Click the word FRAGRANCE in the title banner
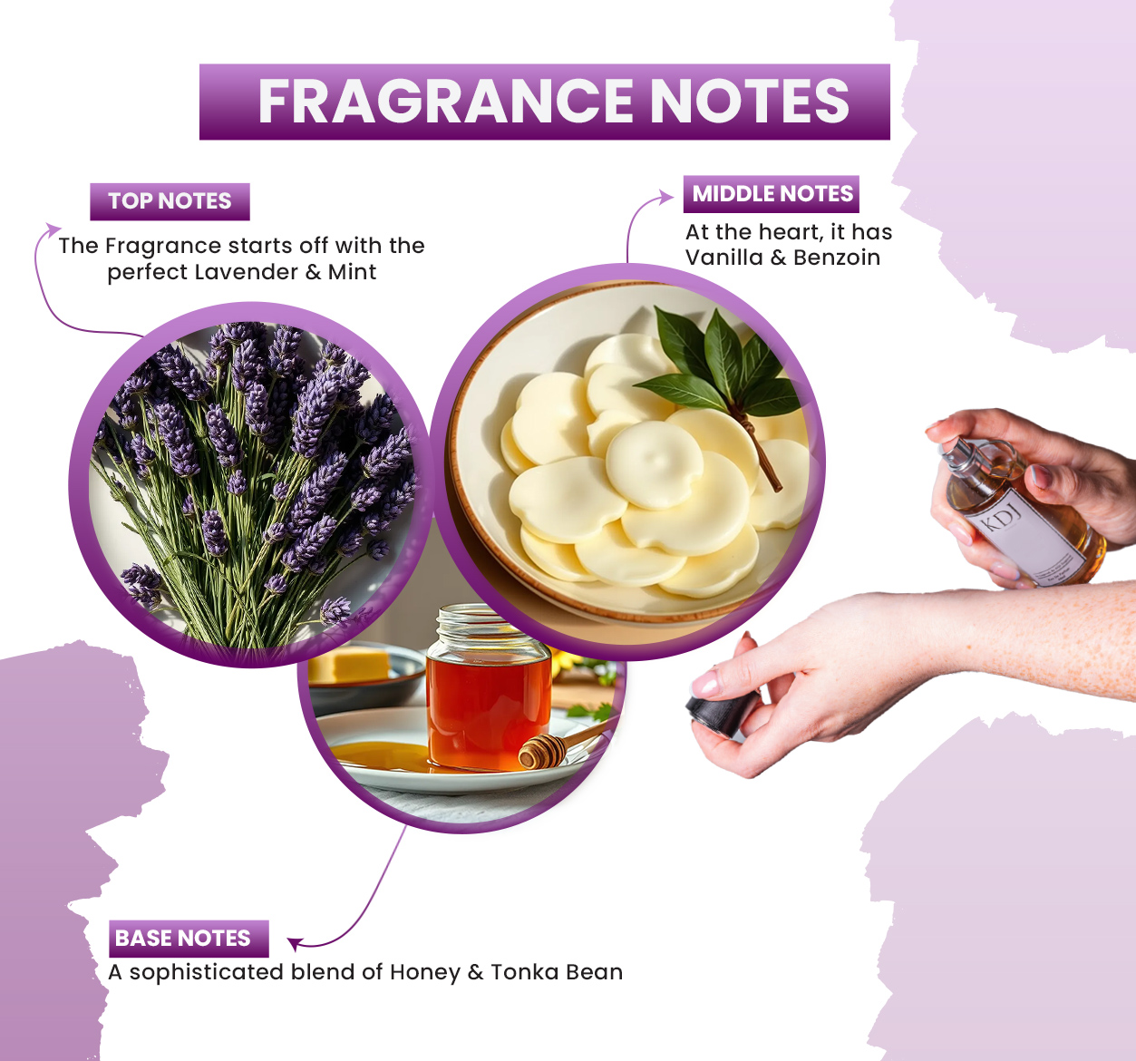(x=445, y=101)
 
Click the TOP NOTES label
(x=170, y=201)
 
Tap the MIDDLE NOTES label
(x=772, y=194)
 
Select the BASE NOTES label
(x=189, y=939)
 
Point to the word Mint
(x=352, y=272)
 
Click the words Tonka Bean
(x=557, y=972)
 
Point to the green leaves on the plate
(x=721, y=366)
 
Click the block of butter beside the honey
(x=349, y=666)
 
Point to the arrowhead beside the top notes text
(x=53, y=229)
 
